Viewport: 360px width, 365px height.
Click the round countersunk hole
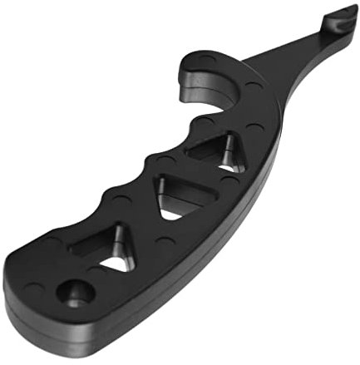coord(76,293)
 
